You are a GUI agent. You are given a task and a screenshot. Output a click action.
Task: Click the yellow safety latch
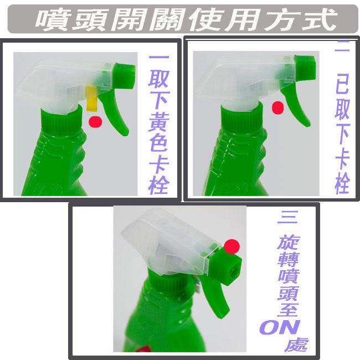coord(91,99)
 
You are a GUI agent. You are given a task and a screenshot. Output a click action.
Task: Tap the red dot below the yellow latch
coord(96,122)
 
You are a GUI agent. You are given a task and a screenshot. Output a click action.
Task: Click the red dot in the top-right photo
coord(277,107)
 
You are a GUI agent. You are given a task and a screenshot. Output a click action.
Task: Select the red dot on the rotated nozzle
coord(232,246)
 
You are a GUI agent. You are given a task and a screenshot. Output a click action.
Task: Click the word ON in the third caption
coord(280,327)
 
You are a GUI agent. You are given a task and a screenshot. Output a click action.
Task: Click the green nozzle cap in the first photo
coord(124,76)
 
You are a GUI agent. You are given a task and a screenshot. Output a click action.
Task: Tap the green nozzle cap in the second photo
coord(305,68)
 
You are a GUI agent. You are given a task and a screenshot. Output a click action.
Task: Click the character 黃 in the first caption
coord(159,122)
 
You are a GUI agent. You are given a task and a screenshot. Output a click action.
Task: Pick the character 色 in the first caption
coord(159,142)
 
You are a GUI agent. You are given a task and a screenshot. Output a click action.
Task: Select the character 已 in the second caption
coord(342,83)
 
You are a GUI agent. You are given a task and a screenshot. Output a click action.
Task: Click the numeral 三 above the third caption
coord(287,217)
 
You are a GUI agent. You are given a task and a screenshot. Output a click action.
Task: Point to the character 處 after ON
coord(296,344)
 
